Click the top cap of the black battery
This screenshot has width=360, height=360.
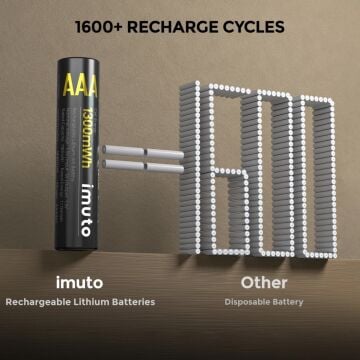(80, 63)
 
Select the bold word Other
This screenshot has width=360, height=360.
(262, 283)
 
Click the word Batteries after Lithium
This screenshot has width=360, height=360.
(132, 301)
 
